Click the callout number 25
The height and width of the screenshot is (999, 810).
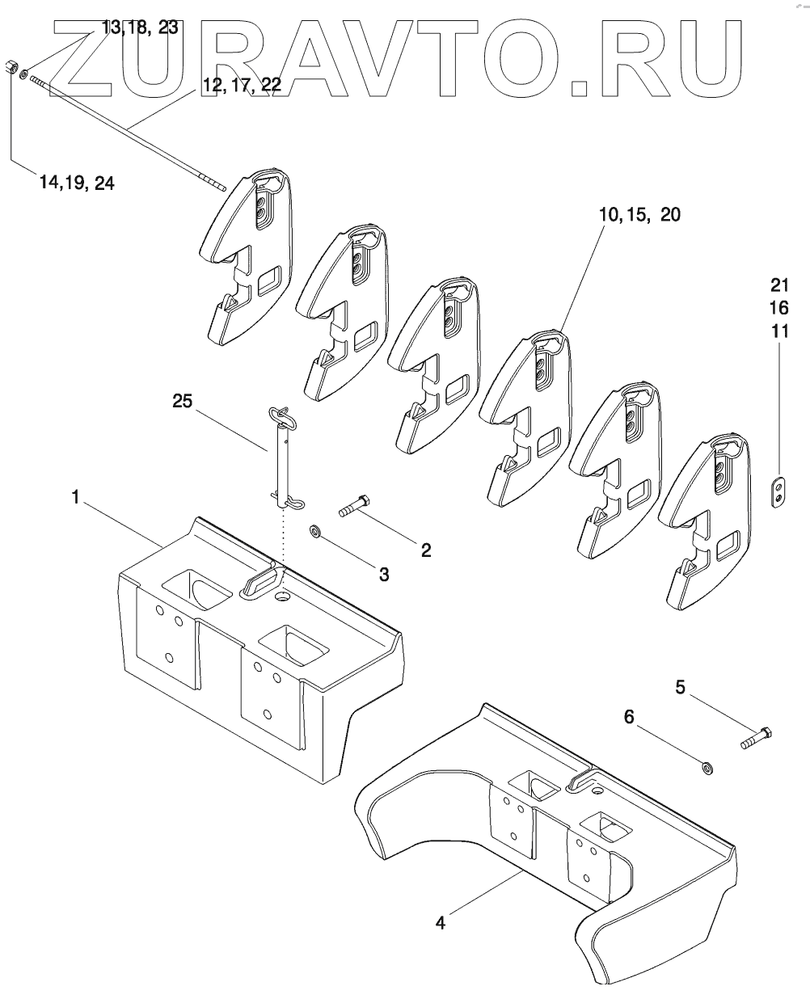[x=183, y=402]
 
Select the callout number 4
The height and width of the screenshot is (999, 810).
[x=440, y=922]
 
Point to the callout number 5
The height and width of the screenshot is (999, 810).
[x=680, y=688]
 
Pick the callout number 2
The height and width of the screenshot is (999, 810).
[x=425, y=551]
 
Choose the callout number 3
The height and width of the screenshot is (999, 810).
[x=384, y=575]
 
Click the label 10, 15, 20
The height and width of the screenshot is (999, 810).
[x=640, y=215]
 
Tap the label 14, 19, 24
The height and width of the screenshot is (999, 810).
[x=77, y=183]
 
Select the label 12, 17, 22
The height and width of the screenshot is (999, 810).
[x=241, y=86]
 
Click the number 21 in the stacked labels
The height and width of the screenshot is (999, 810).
[x=778, y=285]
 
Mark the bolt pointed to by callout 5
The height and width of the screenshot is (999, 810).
[x=757, y=737]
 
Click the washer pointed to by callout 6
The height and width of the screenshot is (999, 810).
[x=707, y=766]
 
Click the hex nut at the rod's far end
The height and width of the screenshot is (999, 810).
[x=12, y=66]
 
